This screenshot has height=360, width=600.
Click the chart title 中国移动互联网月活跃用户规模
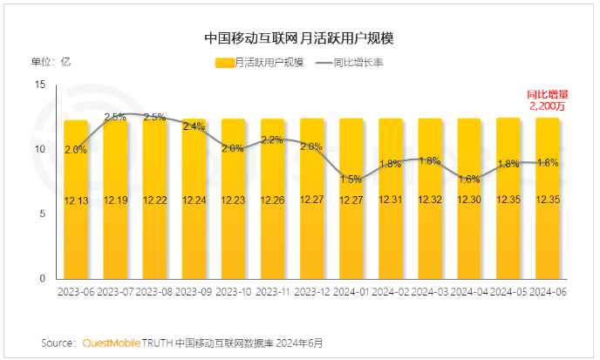tap(299, 39)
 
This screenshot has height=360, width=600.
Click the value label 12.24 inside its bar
tap(194, 200)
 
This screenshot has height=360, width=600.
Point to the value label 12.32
tap(430, 200)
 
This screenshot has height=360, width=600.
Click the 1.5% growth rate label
tap(351, 180)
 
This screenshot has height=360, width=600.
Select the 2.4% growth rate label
tap(194, 127)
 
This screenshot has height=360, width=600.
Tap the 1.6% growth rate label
tap(469, 180)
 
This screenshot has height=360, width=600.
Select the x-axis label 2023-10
tap(233, 293)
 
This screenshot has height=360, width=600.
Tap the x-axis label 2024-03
tap(430, 293)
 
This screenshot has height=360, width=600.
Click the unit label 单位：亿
tap(51, 63)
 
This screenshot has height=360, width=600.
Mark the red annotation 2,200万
tap(548, 106)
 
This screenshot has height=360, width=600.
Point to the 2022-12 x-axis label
tap(312, 293)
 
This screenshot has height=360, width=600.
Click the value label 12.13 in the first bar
tap(76, 200)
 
